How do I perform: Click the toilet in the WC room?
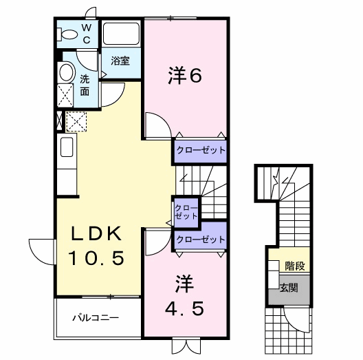pyautogui.click(x=67, y=33)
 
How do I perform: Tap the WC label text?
pyautogui.click(x=87, y=33)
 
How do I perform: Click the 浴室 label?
pyautogui.click(x=120, y=61)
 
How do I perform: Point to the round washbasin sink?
pyautogui.click(x=67, y=72)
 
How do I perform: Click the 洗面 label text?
pyautogui.click(x=85, y=85)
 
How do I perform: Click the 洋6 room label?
pyautogui.click(x=185, y=76)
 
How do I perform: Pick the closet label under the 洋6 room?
pyautogui.click(x=199, y=150)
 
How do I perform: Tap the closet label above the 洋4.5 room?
pyautogui.click(x=200, y=240)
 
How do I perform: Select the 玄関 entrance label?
pyautogui.click(x=289, y=288)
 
